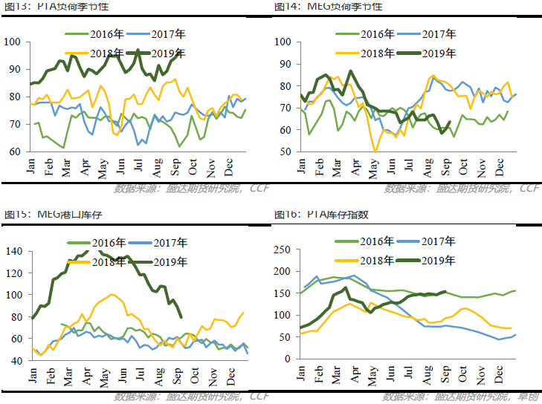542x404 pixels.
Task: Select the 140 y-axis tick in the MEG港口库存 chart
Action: tap(15, 251)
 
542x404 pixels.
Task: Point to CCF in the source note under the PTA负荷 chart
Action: tap(259, 188)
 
